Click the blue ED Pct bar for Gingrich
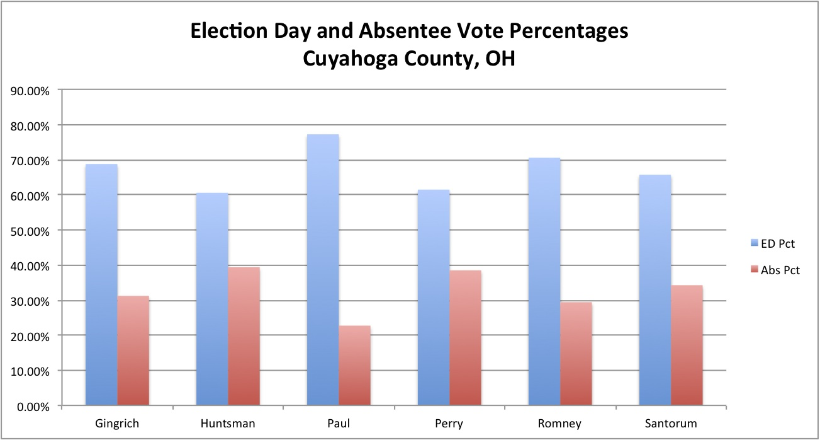pyautogui.click(x=101, y=284)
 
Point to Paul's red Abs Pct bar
pyautogui.click(x=355, y=365)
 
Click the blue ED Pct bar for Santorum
pyautogui.click(x=654, y=289)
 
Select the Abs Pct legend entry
pyautogui.click(x=771, y=270)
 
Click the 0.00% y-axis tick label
pyautogui.click(x=33, y=407)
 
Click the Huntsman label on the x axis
pyautogui.click(x=228, y=423)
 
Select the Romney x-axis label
pyautogui.click(x=560, y=423)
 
